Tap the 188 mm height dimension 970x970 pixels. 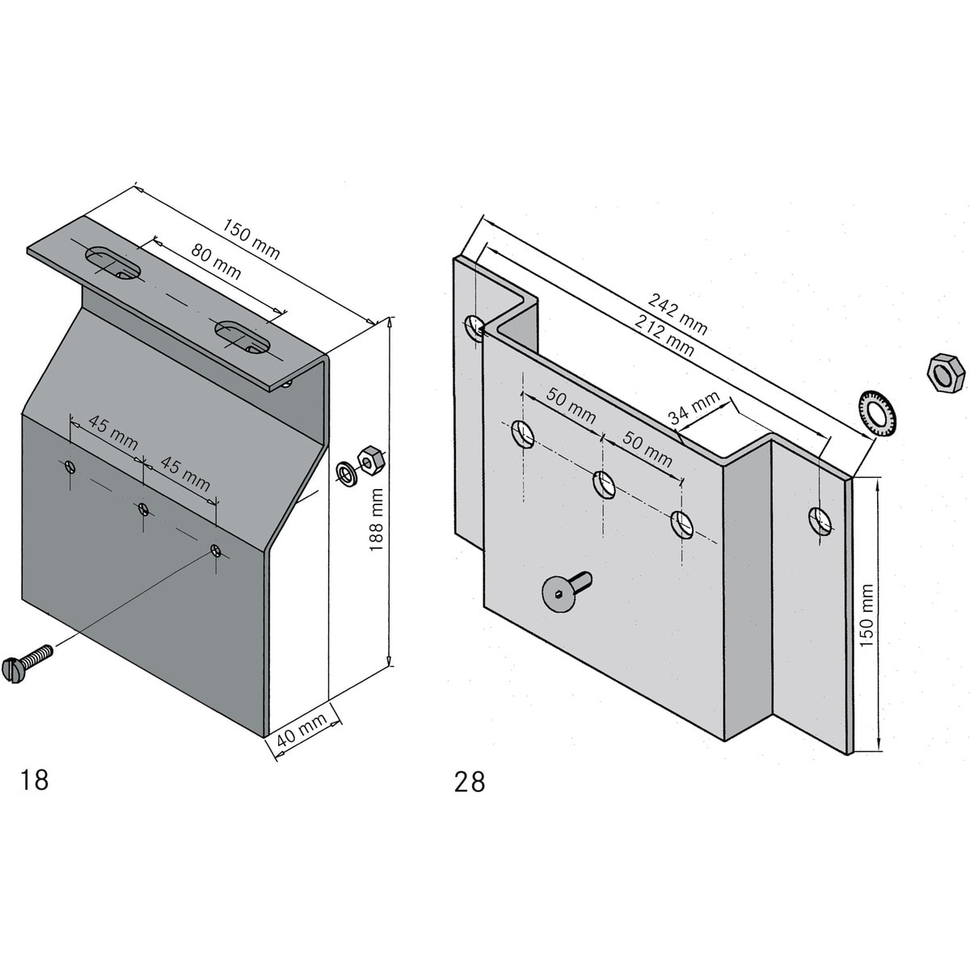click(x=377, y=520)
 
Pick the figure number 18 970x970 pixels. click(x=35, y=780)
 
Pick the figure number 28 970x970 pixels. click(x=470, y=782)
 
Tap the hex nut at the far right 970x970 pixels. click(x=945, y=372)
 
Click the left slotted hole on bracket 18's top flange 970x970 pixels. click(x=112, y=263)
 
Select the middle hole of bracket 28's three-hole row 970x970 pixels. click(x=604, y=484)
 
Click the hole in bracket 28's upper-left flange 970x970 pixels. click(x=474, y=327)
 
